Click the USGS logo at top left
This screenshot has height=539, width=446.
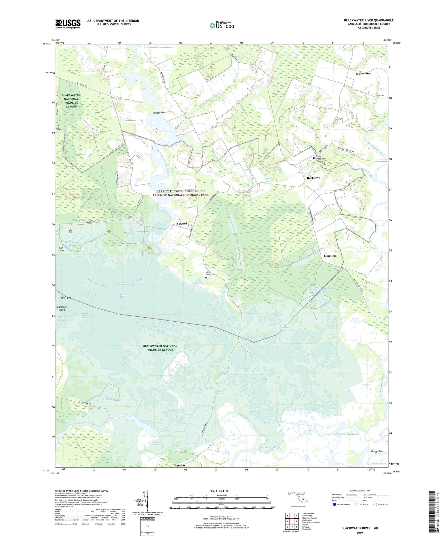pyautogui.click(x=68, y=24)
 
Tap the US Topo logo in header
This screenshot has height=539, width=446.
pyautogui.click(x=222, y=25)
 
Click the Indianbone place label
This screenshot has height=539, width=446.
pyautogui.click(x=363, y=74)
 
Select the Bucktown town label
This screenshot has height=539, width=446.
pyautogui.click(x=313, y=178)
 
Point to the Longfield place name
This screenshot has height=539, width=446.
pyautogui.click(x=330, y=256)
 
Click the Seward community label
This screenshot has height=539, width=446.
pyautogui.click(x=182, y=224)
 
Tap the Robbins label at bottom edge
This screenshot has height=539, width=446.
pyautogui.click(x=180, y=465)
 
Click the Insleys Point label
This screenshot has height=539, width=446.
pyautogui.click(x=160, y=113)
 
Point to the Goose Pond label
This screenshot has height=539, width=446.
pyautogui.click(x=259, y=379)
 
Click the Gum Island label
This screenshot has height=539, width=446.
pyautogui.click(x=61, y=249)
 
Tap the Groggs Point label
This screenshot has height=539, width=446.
pyautogui.click(x=377, y=451)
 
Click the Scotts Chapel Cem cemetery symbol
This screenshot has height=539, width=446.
pyautogui.click(x=314, y=158)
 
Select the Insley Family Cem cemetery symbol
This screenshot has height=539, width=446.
pyautogui.click(x=206, y=278)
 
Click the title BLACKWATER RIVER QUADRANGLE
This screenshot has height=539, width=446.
pyautogui.click(x=369, y=20)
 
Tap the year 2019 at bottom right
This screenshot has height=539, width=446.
pyautogui.click(x=360, y=533)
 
